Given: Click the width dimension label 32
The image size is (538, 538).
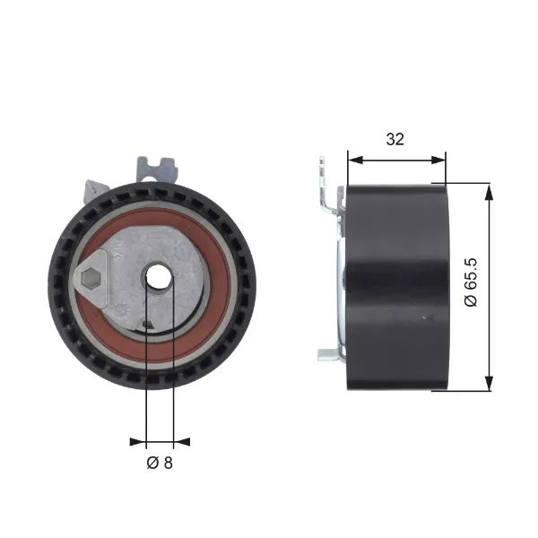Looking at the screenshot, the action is (x=395, y=139).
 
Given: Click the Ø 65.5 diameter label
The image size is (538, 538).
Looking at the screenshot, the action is (x=471, y=282).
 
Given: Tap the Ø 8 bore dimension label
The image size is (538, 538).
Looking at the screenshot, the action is (x=160, y=463).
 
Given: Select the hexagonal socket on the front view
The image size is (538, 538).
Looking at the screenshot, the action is (x=91, y=277).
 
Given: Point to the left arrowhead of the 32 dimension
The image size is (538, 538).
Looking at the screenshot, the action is (x=355, y=160).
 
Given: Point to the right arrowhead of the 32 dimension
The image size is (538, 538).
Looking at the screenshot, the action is (x=438, y=160).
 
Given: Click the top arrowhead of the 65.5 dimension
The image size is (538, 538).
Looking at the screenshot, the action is (x=489, y=191).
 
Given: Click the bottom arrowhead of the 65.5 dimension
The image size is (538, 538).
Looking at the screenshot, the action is (x=489, y=383).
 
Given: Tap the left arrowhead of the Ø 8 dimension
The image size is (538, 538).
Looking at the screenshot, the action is (x=138, y=441).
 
